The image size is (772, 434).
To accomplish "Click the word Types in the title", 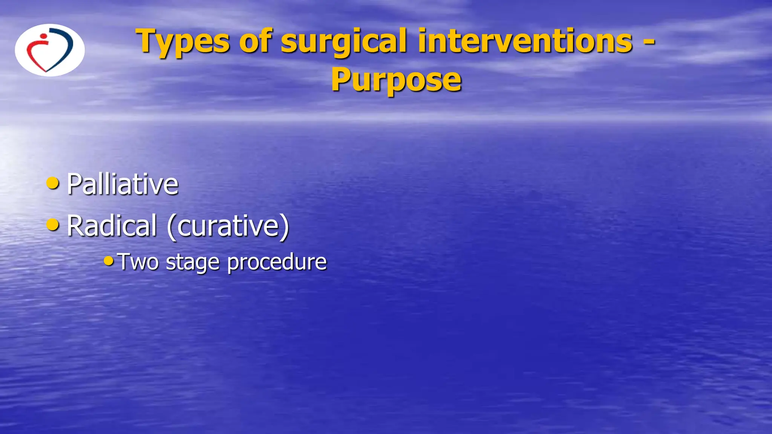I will pos(182,41).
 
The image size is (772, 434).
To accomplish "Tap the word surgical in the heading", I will pos(344,41).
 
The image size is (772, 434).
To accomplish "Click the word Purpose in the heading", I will pos(396,80).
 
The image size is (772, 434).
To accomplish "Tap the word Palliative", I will pos(122,184).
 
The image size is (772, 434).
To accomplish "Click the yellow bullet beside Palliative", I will pos(52,183).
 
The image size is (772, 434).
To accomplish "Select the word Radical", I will pos(112,226).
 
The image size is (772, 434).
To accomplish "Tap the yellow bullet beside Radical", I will pos(52,225).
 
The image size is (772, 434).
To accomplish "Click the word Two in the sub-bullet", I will pos(138,261).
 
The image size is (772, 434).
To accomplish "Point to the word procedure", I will pos(277,262).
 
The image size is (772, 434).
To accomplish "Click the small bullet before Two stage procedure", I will pos(109,260).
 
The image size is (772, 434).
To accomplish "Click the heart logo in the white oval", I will pos(50,50).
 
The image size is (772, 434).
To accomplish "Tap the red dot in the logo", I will pos(44,37).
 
